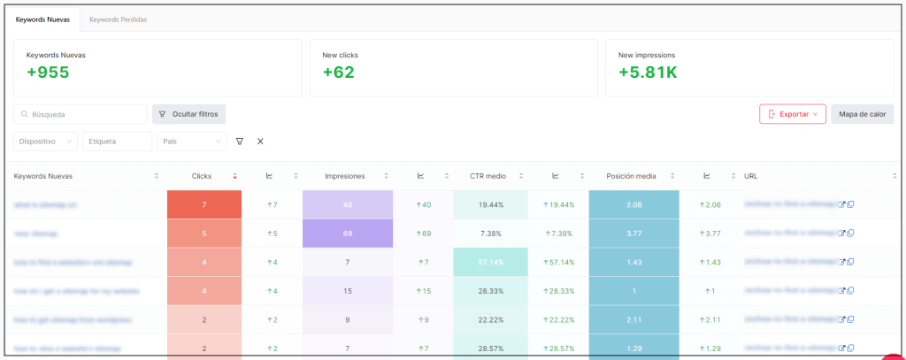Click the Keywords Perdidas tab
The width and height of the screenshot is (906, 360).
click(x=118, y=19)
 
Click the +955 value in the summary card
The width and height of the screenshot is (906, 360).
click(x=46, y=73)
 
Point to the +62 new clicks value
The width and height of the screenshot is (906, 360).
click(x=338, y=73)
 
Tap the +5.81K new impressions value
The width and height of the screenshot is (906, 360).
click(x=648, y=73)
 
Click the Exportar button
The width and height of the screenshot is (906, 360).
click(x=792, y=114)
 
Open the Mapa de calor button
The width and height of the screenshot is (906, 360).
click(x=862, y=114)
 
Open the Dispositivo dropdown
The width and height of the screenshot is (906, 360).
click(x=46, y=142)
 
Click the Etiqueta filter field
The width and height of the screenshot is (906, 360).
click(x=117, y=142)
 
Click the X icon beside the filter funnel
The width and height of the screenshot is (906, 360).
click(x=260, y=142)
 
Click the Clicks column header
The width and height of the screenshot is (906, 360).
click(x=202, y=176)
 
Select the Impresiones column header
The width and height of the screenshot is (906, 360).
click(x=346, y=176)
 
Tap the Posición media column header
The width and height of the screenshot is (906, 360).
click(x=631, y=176)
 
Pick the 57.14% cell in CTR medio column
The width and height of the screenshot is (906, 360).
click(x=490, y=263)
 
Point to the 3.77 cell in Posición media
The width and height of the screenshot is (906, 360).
click(x=633, y=234)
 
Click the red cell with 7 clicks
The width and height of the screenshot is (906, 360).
click(x=203, y=204)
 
